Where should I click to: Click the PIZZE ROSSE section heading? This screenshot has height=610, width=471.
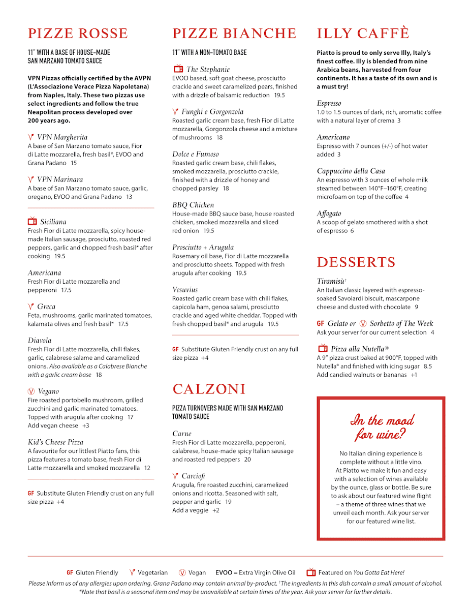(x=78, y=34)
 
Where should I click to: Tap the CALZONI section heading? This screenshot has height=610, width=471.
(x=209, y=389)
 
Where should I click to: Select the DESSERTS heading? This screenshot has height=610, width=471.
(x=356, y=262)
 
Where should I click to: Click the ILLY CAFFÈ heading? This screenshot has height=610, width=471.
(x=363, y=34)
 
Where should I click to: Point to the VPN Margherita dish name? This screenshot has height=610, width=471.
(x=62, y=137)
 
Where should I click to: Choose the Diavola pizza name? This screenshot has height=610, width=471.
(x=40, y=341)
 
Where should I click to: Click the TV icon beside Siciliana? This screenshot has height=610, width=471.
(x=33, y=222)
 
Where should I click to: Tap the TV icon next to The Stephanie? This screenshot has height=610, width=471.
(x=178, y=69)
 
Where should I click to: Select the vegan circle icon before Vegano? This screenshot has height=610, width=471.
(x=31, y=391)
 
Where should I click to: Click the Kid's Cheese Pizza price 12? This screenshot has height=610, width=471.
(x=147, y=468)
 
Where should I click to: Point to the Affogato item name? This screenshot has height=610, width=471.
(x=329, y=213)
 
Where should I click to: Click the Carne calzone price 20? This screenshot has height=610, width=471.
(x=247, y=460)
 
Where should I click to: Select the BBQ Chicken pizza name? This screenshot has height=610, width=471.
(x=193, y=205)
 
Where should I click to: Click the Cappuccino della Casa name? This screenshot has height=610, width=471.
(x=351, y=171)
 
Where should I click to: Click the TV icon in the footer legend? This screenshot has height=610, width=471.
(x=311, y=572)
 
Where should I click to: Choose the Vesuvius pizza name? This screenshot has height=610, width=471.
(x=185, y=290)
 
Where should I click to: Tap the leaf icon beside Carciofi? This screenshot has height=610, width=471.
(x=175, y=476)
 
